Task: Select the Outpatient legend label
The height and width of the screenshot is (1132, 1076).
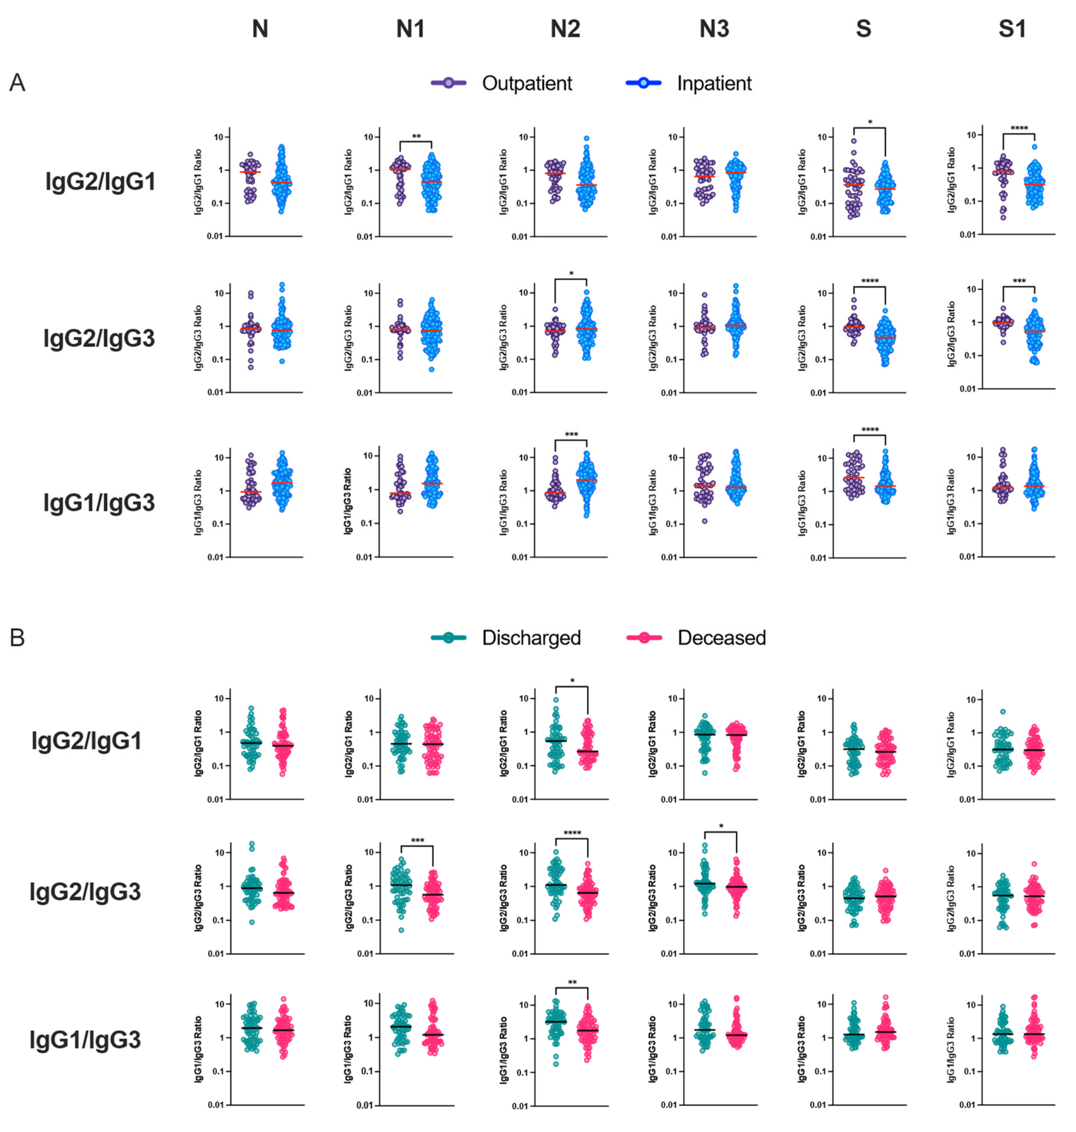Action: click(527, 83)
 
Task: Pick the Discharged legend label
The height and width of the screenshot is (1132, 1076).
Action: click(531, 638)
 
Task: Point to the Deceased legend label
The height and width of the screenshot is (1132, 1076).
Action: click(721, 638)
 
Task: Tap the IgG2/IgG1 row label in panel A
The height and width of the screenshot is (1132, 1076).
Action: click(100, 182)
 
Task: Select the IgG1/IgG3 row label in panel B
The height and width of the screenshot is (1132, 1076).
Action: click(85, 1040)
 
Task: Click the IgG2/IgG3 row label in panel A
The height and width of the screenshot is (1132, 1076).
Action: click(99, 338)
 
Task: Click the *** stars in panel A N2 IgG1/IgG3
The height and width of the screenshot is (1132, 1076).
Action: click(571, 435)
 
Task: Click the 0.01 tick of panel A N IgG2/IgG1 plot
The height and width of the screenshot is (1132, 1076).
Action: click(215, 236)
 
